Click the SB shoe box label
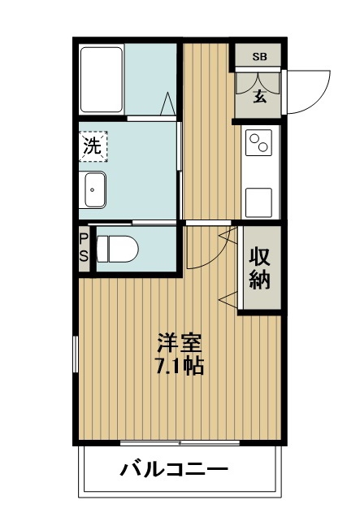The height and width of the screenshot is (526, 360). [x=259, y=56]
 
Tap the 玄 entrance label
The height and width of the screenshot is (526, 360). [x=259, y=97]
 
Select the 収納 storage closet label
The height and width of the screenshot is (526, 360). [x=259, y=268]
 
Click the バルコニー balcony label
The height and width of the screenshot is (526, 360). [x=174, y=469]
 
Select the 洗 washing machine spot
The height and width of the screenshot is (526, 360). [x=93, y=148]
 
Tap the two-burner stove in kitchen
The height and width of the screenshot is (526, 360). [x=260, y=144]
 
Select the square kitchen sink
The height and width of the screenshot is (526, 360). [x=260, y=199]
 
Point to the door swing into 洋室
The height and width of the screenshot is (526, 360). [x=203, y=248]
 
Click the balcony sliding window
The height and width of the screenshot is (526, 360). [x=180, y=442]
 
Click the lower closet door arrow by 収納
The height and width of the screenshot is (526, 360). [x=228, y=302]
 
